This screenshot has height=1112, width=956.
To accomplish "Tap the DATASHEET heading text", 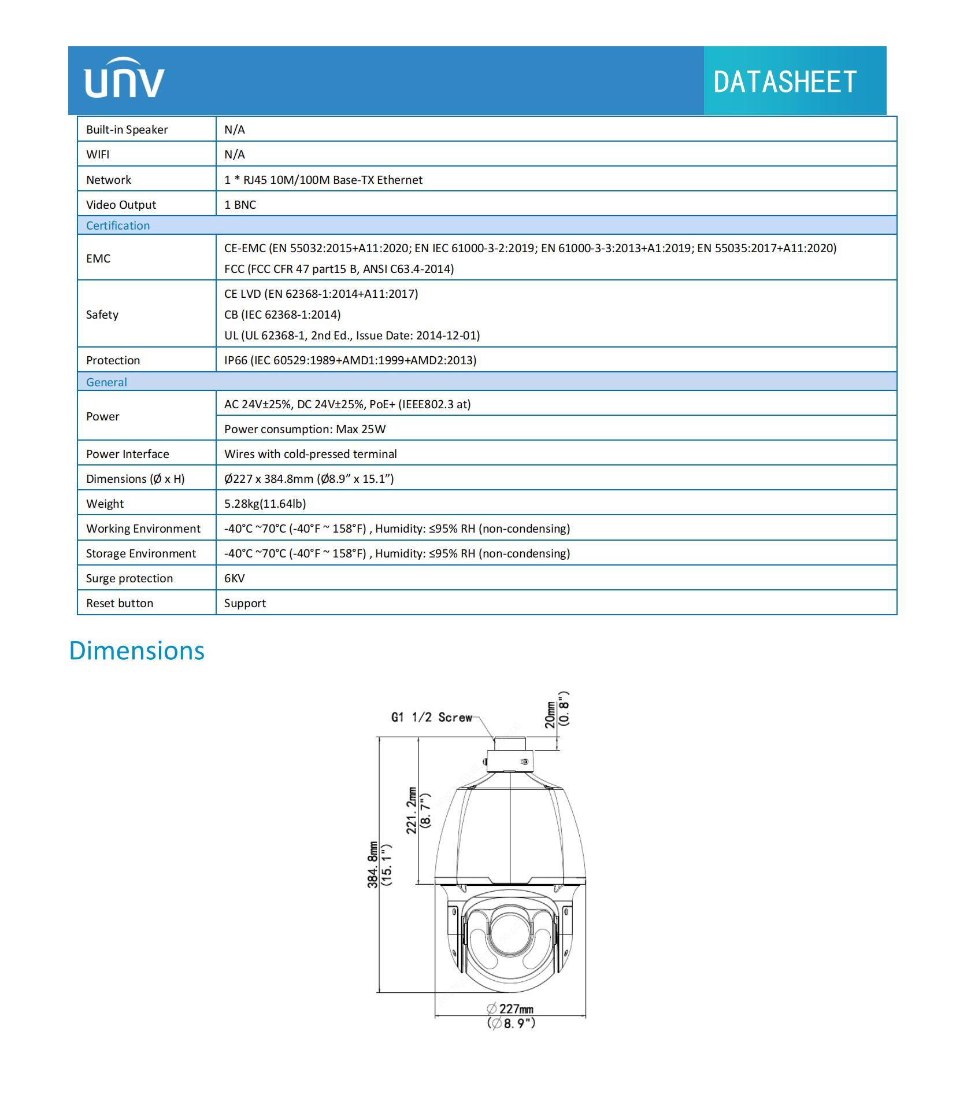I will point(784,82).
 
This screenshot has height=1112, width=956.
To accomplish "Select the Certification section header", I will point(118,226).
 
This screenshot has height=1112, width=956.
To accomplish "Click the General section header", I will point(106,382).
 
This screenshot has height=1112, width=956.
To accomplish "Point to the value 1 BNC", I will point(240,205).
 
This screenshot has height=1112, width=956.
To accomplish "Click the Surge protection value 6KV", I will point(234,578).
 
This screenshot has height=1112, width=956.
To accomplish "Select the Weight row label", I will point(105,504).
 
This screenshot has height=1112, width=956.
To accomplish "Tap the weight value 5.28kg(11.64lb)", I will point(265,504).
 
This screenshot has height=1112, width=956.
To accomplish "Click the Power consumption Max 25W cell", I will point(305,429).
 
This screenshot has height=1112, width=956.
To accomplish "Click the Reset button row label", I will point(120,603).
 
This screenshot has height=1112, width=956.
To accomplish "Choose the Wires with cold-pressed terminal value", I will point(310,454).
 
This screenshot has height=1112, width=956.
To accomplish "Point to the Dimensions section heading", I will point(136,651).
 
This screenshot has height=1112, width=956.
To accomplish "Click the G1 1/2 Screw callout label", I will point(431,718).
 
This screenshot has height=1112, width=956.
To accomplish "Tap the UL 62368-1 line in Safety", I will point(351,335).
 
